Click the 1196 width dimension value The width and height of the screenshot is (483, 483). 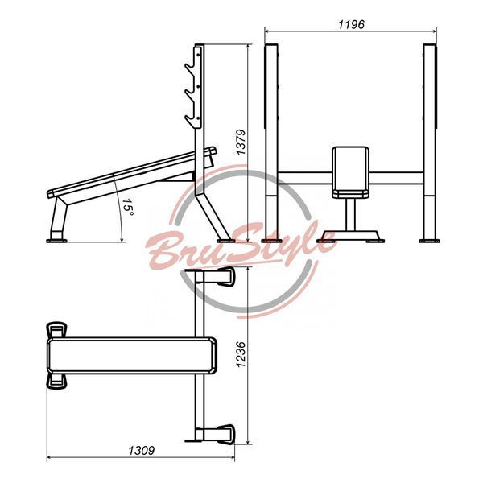coord(351,24)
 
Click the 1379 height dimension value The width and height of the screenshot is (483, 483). coord(241,142)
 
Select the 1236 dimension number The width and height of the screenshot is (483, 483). coord(241,354)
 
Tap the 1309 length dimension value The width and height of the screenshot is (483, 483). coord(141,451)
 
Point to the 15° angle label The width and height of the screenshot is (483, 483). coord(128,208)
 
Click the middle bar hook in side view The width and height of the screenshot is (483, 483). coord(191,94)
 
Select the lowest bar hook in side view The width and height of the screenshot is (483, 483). coord(191,120)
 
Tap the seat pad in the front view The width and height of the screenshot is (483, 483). coord(350,172)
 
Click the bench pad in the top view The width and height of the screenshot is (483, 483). coord(132,356)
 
